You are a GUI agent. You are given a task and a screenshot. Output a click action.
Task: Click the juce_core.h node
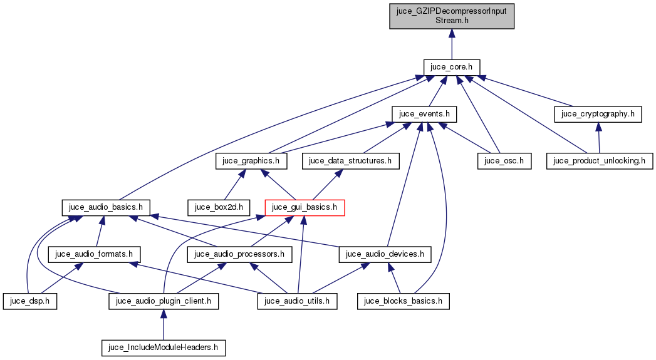tap(452, 66)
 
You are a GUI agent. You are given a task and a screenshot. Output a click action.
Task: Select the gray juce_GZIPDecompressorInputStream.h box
tap(452, 15)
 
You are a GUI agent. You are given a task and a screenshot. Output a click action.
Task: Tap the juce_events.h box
tap(424, 113)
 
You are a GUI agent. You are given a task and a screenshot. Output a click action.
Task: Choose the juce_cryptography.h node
tap(598, 113)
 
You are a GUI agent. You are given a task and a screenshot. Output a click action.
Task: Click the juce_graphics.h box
tap(251, 160)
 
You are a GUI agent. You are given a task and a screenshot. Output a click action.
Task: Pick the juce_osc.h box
tap(495, 160)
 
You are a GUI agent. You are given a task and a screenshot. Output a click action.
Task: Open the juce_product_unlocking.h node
tap(600, 160)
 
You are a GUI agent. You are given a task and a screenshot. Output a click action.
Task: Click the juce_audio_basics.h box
tap(105, 207)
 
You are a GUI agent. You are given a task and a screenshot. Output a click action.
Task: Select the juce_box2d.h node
tap(219, 207)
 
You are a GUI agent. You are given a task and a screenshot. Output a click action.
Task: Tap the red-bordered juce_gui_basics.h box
tap(305, 207)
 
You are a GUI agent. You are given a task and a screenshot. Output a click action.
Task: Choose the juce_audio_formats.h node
tap(95, 254)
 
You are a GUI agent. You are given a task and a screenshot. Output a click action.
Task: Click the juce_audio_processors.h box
tap(240, 254)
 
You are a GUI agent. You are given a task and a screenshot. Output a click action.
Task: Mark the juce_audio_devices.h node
tap(385, 254)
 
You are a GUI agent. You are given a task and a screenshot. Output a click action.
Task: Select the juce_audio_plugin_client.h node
tap(164, 301)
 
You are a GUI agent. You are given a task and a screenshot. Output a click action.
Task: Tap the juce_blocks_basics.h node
tap(403, 301)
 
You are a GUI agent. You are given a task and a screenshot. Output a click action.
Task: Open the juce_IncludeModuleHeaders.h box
tap(164, 347)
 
